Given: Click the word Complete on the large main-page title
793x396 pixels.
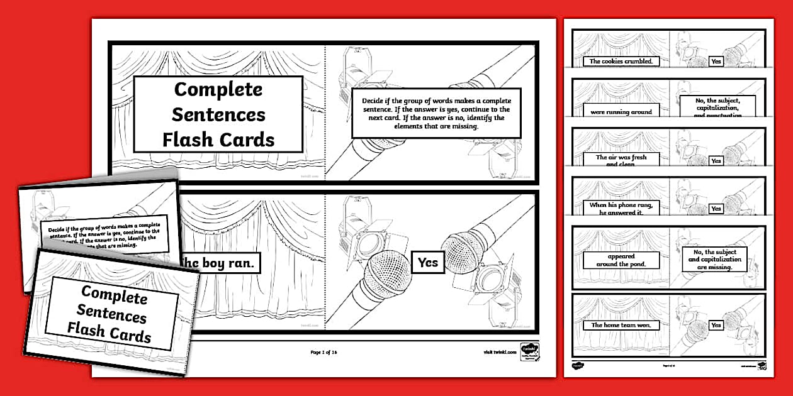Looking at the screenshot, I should pyautogui.click(x=218, y=89).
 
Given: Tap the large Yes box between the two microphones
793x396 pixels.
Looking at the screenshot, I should pyautogui.click(x=428, y=262).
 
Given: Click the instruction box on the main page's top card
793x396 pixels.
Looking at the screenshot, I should pyautogui.click(x=436, y=113).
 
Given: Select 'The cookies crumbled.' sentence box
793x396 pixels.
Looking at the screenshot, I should pyautogui.click(x=612, y=61).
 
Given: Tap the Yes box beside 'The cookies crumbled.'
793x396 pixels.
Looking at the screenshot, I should pyautogui.click(x=716, y=61).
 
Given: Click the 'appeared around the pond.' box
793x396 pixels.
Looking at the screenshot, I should pyautogui.click(x=621, y=260).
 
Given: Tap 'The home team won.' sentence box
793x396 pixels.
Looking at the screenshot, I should pyautogui.click(x=612, y=325).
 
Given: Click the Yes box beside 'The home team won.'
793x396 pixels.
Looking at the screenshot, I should pyautogui.click(x=716, y=325).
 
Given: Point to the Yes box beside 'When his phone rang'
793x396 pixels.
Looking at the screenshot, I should pyautogui.click(x=716, y=208).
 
